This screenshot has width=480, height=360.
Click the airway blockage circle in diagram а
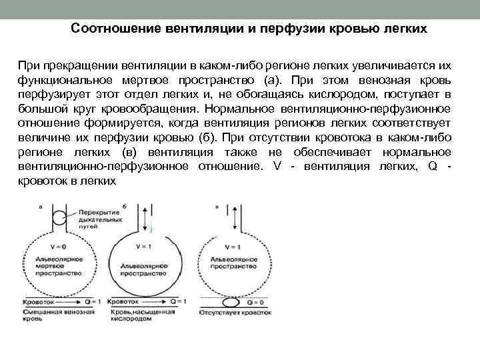59,217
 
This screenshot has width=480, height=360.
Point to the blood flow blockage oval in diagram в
231,301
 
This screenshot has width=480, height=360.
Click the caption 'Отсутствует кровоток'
231,311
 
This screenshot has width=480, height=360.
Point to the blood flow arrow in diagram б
151,301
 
